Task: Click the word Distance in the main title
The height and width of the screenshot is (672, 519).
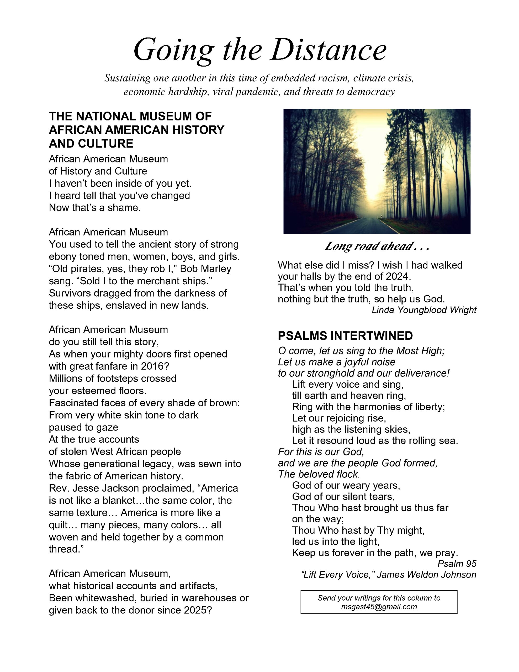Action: pos(328,50)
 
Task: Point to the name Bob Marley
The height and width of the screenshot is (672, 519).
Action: pos(205,269)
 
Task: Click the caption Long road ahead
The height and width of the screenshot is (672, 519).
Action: pos(377,246)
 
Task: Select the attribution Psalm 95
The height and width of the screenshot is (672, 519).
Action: pos(457,563)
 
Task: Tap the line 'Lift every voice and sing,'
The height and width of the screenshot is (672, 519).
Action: pos(348,384)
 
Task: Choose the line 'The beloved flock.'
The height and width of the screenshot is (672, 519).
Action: pos(319,474)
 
